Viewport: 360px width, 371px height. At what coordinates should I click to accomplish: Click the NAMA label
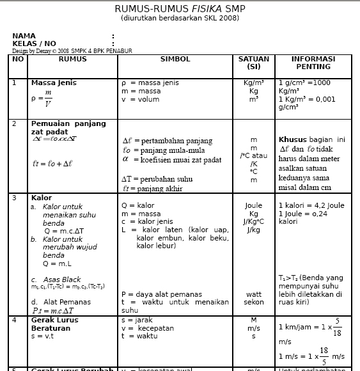pos(24,36)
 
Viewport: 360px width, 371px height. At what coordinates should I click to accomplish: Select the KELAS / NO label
pos(35,43)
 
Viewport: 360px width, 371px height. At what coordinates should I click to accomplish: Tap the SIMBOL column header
pos(175,59)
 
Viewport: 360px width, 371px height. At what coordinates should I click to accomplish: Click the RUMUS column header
pos(72,59)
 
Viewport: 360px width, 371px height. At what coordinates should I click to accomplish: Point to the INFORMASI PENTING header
pos(313,63)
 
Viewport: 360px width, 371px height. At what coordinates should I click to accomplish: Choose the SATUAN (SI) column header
pos(254,63)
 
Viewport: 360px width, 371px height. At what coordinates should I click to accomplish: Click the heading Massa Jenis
pos(54,83)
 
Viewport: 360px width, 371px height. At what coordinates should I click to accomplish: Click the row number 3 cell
pos(15,198)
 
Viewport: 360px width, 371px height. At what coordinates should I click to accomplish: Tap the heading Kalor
pos(42,198)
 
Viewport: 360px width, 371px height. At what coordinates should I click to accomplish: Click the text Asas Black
pos(62,280)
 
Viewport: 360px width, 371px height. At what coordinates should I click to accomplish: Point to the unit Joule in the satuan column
pos(254,206)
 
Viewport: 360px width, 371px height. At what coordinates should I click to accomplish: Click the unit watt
pos(254,294)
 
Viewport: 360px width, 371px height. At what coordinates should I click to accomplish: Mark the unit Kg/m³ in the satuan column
pos(254,83)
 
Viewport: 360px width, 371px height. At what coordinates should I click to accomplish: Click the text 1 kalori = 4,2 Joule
pos(311,206)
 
